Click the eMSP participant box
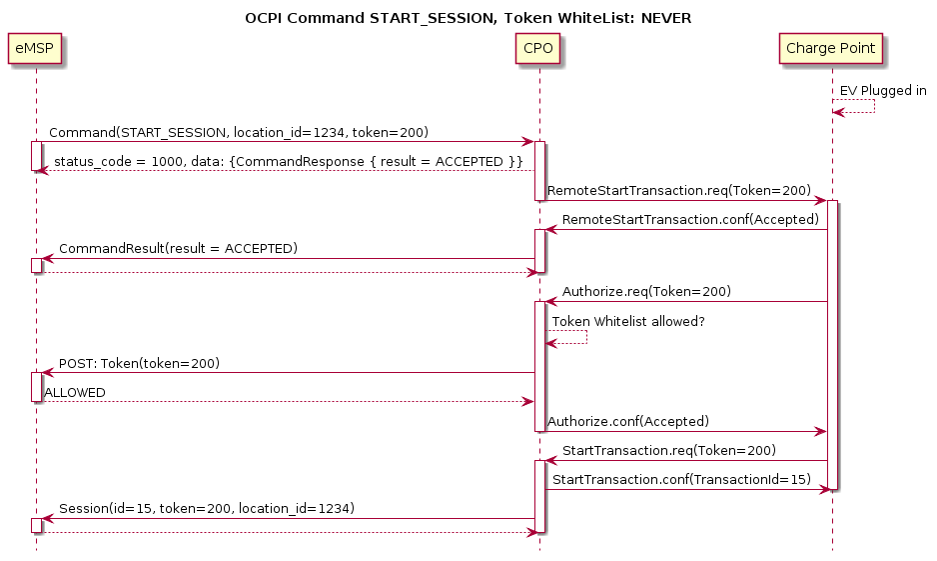click(x=35, y=49)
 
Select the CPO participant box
click(x=538, y=49)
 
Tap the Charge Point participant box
click(x=832, y=49)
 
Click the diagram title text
click(x=468, y=18)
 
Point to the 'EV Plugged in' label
click(x=883, y=91)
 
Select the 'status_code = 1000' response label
click(x=289, y=162)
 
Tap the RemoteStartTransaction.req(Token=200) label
click(x=678, y=190)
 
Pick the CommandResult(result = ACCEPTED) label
click(x=178, y=248)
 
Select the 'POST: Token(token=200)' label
click(x=140, y=362)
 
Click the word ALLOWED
click(x=75, y=393)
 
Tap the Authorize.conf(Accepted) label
click(x=628, y=421)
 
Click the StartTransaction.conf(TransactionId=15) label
click(x=681, y=480)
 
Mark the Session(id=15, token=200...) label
click(x=207, y=508)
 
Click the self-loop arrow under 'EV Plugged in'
click(x=859, y=107)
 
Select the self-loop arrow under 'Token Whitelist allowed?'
click(x=569, y=338)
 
